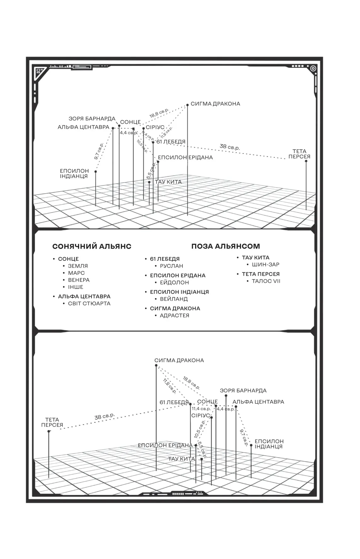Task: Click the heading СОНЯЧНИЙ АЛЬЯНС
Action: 92,246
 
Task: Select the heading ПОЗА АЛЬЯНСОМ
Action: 225,246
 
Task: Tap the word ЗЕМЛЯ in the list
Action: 78,266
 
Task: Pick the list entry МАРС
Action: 76,273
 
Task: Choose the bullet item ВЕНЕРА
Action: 79,280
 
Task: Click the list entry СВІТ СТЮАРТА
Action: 89,303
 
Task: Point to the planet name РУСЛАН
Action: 171,266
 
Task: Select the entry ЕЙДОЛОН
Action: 174,282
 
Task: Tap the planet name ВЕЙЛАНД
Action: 174,299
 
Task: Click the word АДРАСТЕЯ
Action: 174,315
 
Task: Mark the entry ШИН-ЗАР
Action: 265,264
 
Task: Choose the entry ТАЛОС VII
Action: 266,281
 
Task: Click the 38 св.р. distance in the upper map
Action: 229,147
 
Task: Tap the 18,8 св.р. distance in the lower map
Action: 191,383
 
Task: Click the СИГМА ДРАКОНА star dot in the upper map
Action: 188,105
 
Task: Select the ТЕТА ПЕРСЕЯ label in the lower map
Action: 52,422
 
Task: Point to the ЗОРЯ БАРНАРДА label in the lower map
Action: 243,391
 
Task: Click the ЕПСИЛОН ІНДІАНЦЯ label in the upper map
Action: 74,174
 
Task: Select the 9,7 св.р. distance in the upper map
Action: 99,151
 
